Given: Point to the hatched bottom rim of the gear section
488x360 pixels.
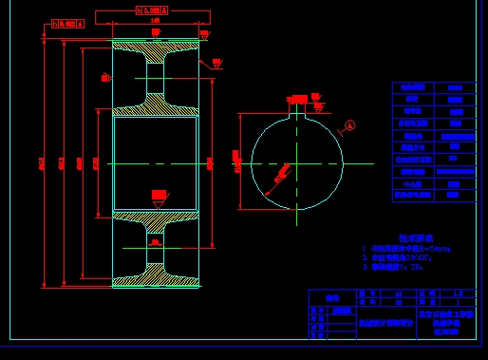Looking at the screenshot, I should coord(156,281).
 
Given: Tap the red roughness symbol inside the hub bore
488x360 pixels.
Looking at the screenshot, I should coord(159,195).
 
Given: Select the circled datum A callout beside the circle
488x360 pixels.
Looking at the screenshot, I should coord(349,124).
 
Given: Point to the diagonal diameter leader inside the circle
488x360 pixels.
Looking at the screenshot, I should coord(282,174).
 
